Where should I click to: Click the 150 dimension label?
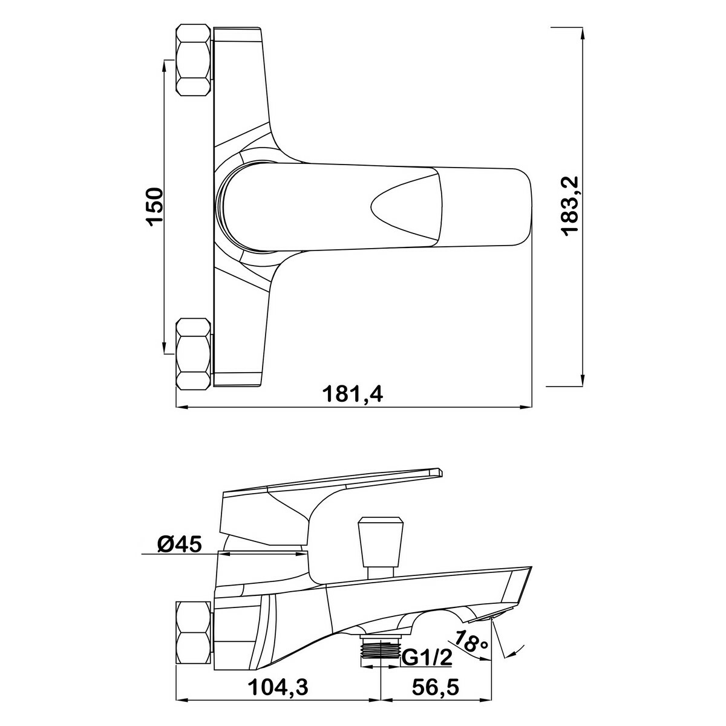[155, 206]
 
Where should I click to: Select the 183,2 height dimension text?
[570, 206]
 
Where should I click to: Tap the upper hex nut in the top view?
[194, 60]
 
